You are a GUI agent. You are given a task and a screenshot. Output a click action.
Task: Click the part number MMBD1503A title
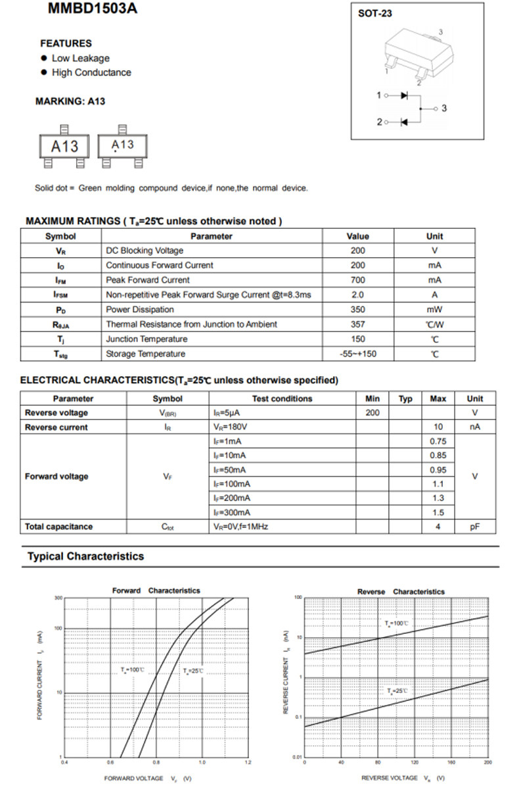pos(93,9)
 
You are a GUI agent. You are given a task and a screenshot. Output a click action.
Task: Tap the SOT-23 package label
pos(375,13)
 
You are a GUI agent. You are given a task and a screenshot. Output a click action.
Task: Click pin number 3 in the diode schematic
pos(444,108)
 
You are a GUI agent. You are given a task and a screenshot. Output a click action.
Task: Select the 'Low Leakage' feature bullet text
pos(80,58)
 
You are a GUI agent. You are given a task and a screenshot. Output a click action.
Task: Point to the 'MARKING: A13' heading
pos(70,101)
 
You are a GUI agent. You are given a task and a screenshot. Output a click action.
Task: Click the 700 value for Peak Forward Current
pos(357,279)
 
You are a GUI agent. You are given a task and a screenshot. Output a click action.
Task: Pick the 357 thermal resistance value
pos(357,324)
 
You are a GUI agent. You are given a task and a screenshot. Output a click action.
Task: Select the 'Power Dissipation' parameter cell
pos(140,309)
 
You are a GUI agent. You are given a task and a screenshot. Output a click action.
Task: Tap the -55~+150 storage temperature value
pos(357,354)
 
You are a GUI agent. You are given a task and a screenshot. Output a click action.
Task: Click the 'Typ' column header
pos(405,398)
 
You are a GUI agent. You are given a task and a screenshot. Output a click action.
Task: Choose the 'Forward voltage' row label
pos(56,476)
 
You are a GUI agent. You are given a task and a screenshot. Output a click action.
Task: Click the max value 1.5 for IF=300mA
pos(438,512)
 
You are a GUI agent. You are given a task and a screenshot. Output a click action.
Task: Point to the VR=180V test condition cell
pos(230,427)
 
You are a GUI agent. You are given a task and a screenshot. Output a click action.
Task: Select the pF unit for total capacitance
pos(474,527)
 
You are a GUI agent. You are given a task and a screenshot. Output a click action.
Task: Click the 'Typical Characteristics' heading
pos(85,556)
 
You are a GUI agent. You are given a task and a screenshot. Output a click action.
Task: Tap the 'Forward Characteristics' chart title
pos(156,590)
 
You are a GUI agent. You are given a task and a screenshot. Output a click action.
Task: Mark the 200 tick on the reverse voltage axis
pos(487,762)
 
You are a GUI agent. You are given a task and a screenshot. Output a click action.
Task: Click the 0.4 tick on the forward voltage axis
pos(64,762)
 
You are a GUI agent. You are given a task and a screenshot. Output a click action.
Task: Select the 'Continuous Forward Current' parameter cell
pos(160,265)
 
